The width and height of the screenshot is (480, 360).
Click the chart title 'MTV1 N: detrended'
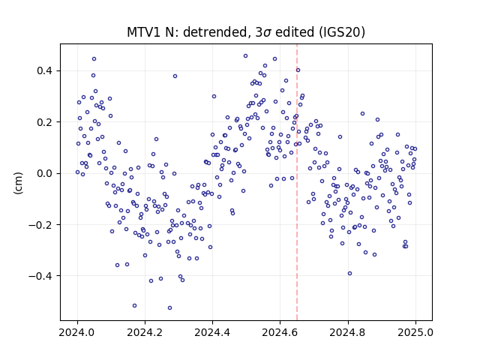[x=187, y=32]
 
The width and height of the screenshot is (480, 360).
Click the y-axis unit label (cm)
[x=18, y=183]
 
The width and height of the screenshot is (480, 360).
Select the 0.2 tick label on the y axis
[x=44, y=122]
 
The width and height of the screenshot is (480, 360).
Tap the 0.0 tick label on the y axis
[x=44, y=173]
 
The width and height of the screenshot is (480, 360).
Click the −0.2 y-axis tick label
[x=40, y=225]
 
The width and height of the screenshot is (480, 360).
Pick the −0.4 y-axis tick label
[x=40, y=276]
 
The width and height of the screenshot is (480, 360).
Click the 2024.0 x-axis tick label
[x=77, y=332]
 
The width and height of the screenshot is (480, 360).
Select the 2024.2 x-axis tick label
[x=145, y=332]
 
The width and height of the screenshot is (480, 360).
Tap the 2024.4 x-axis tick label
[x=212, y=332]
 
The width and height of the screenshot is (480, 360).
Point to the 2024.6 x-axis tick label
[x=280, y=332]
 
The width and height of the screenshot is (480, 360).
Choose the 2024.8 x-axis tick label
[x=348, y=332]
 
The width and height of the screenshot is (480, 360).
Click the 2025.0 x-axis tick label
[x=415, y=332]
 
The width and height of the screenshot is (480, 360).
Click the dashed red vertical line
[x=297, y=182]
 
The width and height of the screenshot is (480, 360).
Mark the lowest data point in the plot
[x=170, y=308]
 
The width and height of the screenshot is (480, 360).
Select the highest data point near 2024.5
[x=245, y=56]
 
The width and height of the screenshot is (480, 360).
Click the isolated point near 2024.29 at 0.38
[x=175, y=76]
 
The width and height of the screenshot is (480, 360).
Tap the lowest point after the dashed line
[x=350, y=274]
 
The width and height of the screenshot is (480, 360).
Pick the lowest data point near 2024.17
[x=134, y=306]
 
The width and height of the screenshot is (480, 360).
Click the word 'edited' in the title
[x=295, y=32]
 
